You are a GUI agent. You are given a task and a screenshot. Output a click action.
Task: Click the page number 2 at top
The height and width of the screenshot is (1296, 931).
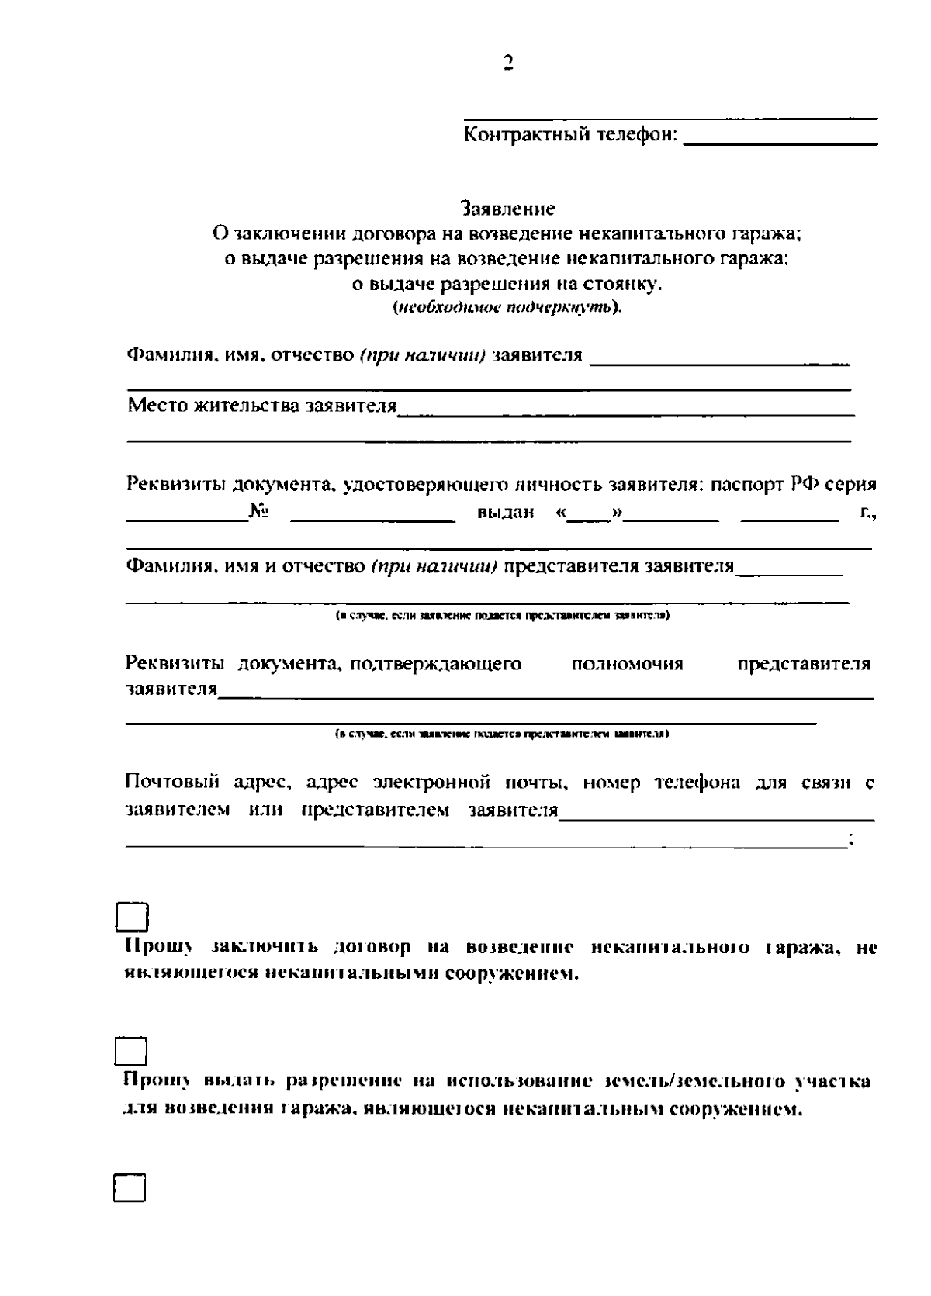[x=507, y=63]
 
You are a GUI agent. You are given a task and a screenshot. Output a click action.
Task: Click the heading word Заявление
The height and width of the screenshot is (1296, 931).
[x=507, y=209]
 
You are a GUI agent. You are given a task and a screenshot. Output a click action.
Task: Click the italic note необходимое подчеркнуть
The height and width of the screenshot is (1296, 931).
[x=507, y=308]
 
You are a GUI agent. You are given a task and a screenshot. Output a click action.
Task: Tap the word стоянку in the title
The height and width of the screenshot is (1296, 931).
[x=622, y=284]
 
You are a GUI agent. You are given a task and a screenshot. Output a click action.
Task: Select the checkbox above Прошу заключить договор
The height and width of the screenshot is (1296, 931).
[x=131, y=917]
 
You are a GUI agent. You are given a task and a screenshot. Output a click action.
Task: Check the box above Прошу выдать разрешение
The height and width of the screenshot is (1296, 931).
[x=131, y=1052]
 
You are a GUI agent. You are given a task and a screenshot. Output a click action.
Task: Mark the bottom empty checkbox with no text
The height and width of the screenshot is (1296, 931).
[x=131, y=1187]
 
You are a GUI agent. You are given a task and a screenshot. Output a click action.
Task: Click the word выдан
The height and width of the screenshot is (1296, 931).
[x=506, y=513]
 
